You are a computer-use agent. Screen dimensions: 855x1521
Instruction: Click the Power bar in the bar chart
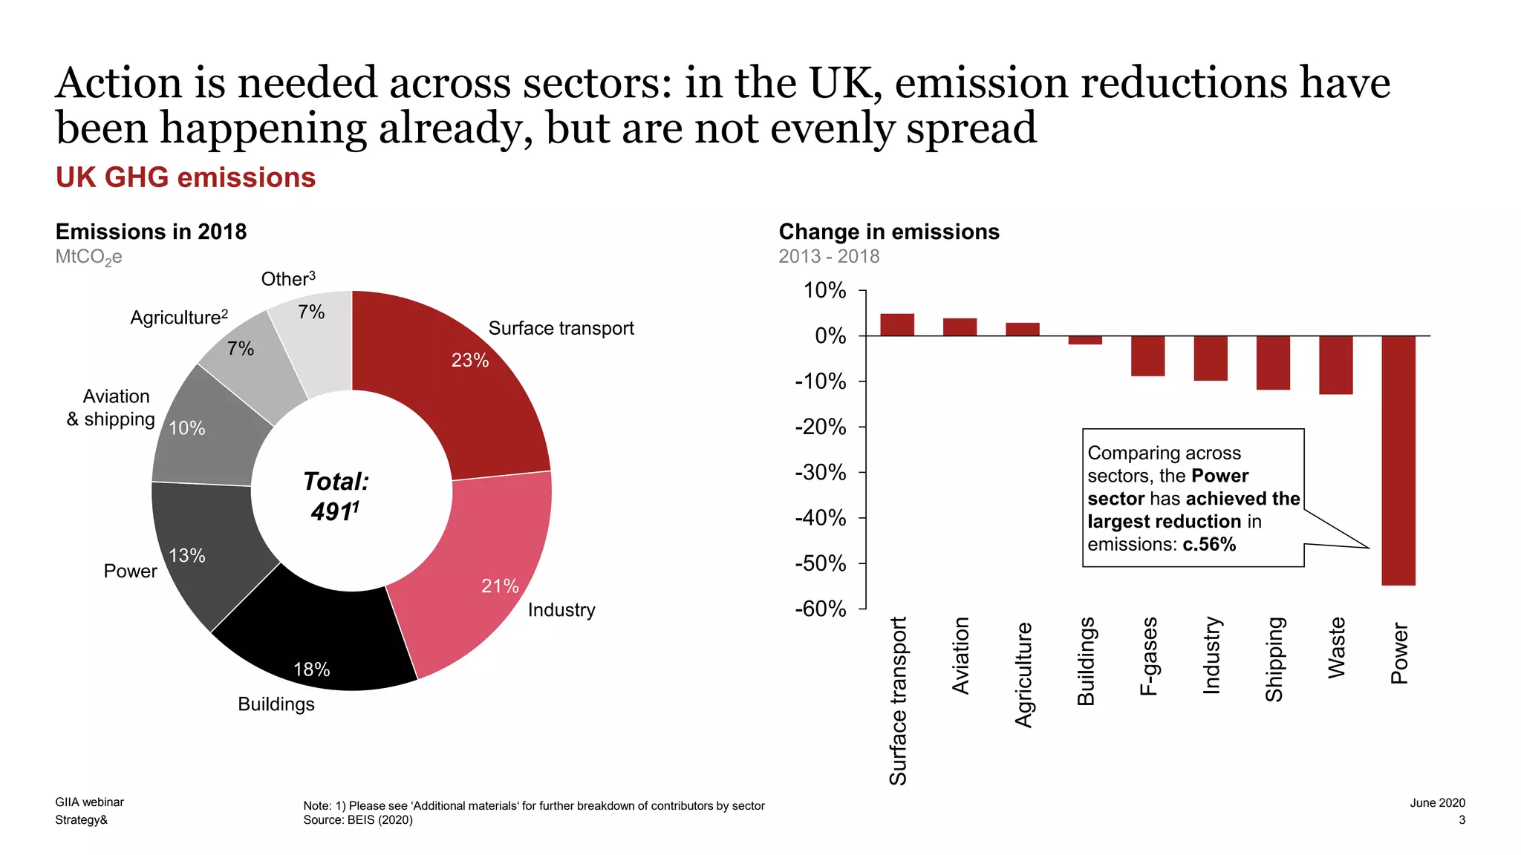[x=1398, y=460]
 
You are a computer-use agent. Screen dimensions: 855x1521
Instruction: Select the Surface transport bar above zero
[x=897, y=325]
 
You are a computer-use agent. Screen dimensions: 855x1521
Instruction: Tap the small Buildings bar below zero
[x=1085, y=340]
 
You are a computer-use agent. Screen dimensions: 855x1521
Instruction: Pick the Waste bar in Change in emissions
[x=1335, y=364]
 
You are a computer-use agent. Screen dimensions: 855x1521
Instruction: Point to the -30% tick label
[x=820, y=473]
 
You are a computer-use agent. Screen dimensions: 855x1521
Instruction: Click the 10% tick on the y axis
[x=824, y=291]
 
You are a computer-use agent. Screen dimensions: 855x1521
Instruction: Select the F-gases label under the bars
[x=1148, y=655]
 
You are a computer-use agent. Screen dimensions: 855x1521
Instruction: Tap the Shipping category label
[x=1274, y=659]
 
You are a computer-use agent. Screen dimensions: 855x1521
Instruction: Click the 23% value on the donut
[x=470, y=361]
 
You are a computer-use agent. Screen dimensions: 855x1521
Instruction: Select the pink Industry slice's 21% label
[x=500, y=586]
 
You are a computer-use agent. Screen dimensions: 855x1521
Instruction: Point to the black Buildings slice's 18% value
[x=311, y=669]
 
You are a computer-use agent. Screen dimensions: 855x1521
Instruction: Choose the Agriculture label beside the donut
[x=178, y=318]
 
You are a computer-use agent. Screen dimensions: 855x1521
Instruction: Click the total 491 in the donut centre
[x=334, y=512]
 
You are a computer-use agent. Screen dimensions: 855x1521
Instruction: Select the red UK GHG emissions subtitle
[x=186, y=178]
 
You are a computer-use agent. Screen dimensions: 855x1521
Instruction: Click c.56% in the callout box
[x=1209, y=545]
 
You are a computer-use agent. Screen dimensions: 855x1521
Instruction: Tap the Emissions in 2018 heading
[x=151, y=232]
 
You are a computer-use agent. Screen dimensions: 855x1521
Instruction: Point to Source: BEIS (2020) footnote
[x=357, y=820]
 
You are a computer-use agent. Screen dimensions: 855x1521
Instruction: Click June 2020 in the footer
[x=1437, y=802]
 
